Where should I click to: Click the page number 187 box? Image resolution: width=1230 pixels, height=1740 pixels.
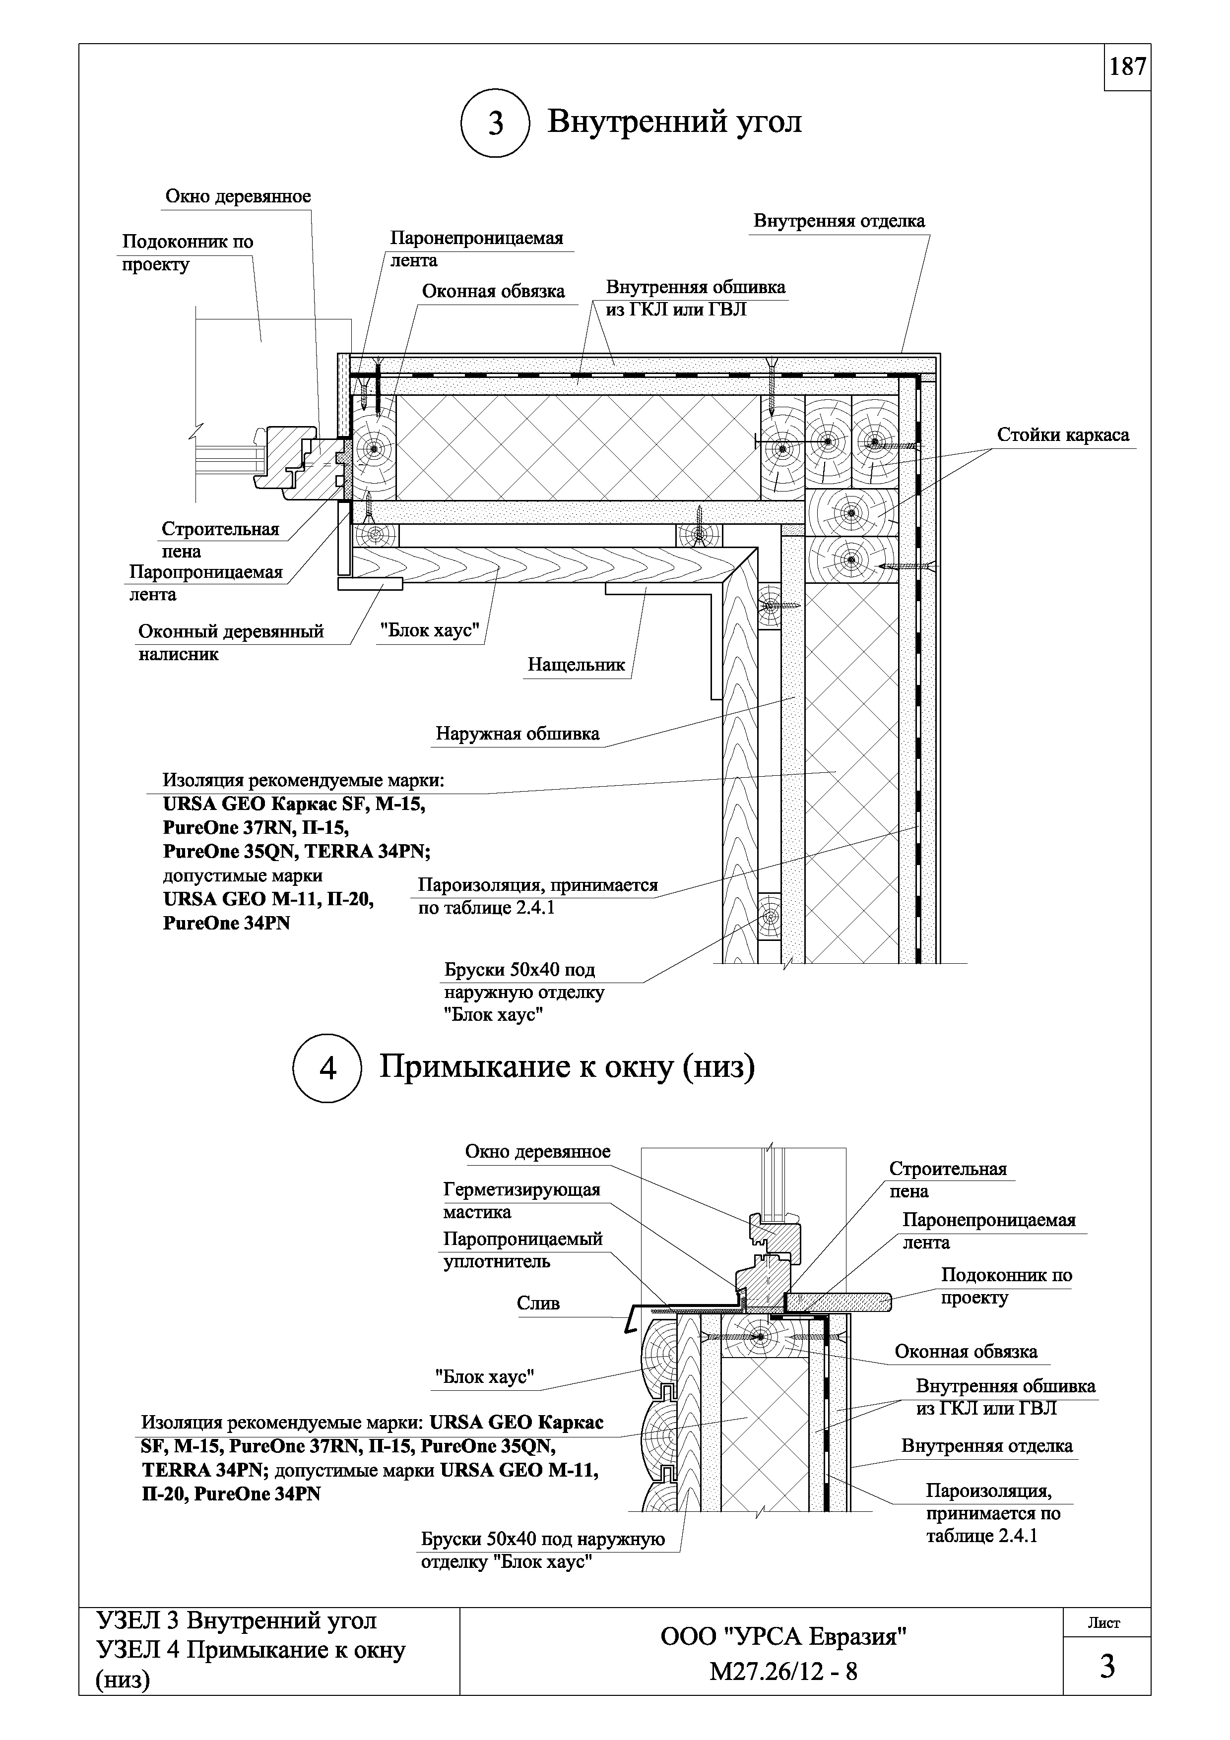click(x=1127, y=67)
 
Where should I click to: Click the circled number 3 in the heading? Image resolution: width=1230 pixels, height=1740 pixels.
click(x=495, y=124)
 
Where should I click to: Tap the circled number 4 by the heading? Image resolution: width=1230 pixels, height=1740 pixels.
click(x=327, y=1068)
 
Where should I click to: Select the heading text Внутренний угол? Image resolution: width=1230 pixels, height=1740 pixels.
click(x=674, y=121)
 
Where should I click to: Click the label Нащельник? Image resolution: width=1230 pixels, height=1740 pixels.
click(x=576, y=665)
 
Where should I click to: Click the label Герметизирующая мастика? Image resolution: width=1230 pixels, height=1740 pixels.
click(x=521, y=1200)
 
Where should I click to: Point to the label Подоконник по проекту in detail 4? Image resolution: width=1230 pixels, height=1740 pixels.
click(x=1006, y=1286)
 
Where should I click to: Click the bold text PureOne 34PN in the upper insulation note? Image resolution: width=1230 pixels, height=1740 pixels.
click(x=226, y=924)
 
